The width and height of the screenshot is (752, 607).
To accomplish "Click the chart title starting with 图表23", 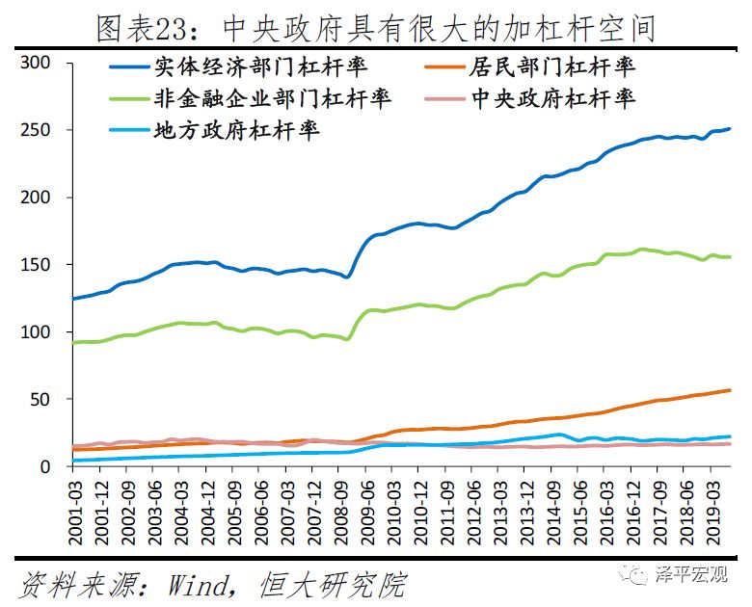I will coord(376,27).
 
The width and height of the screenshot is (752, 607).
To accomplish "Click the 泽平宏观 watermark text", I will coord(693,574).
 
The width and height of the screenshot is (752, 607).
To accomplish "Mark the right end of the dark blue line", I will coord(730,128).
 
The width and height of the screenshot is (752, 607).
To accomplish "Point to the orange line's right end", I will coord(730,390).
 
